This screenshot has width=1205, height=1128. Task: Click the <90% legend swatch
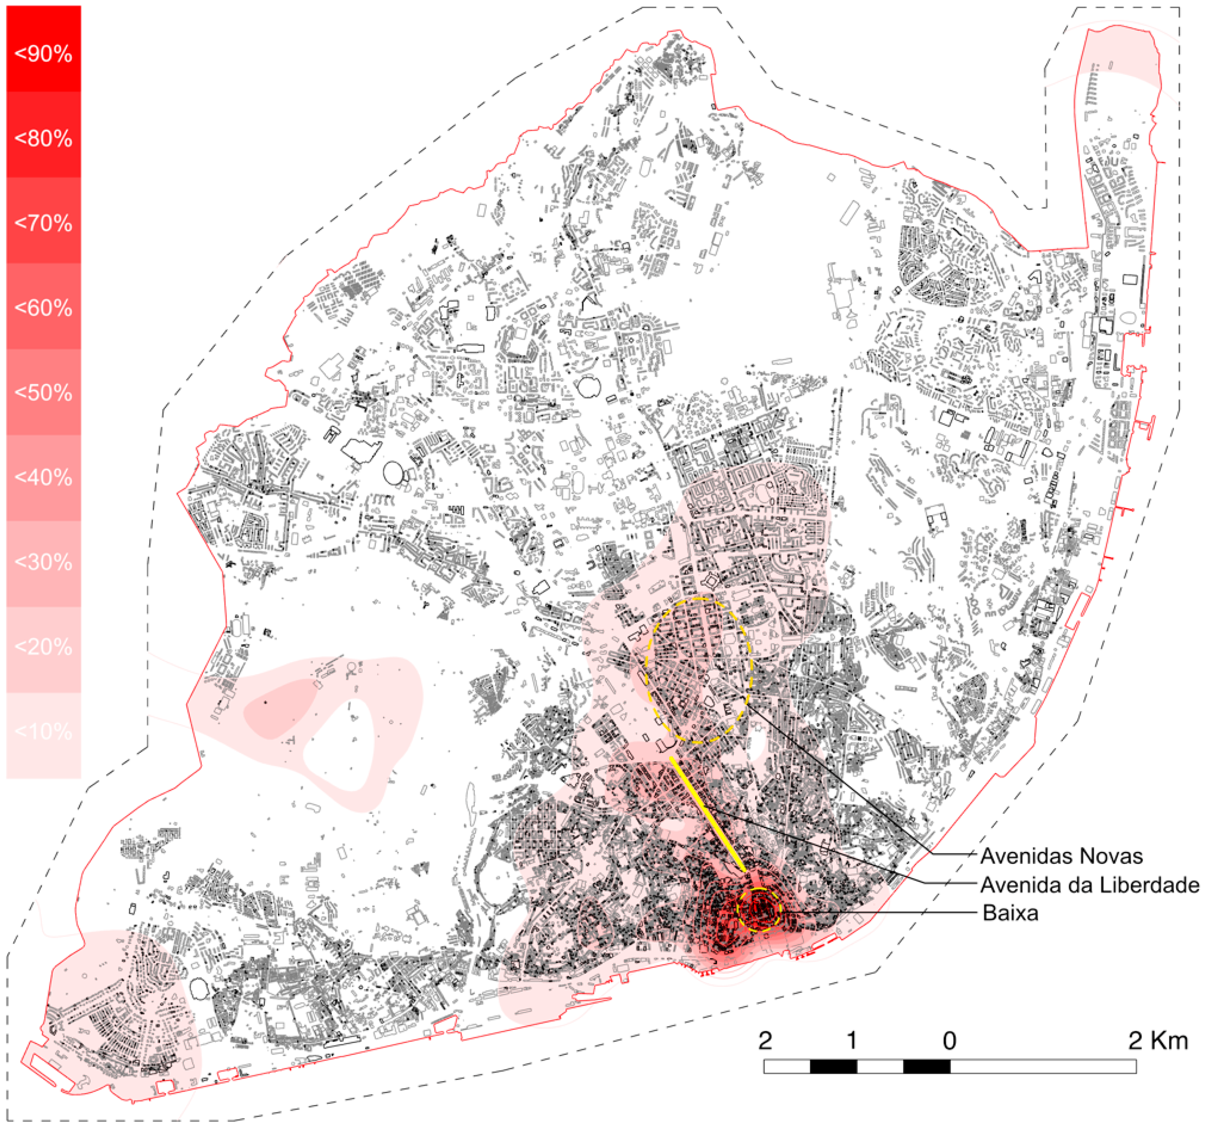click(x=43, y=53)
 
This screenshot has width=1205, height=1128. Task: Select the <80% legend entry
click(x=43, y=138)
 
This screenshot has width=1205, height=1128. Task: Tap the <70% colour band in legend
click(x=43, y=223)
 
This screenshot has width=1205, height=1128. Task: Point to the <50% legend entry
click(x=43, y=393)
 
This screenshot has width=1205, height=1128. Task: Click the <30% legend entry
click(x=43, y=562)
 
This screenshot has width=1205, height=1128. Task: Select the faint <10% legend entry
click(x=43, y=732)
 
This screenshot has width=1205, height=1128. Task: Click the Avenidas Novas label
click(x=1061, y=856)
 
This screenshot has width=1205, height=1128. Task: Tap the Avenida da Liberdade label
click(x=1089, y=885)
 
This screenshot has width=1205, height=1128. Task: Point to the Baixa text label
click(x=1010, y=913)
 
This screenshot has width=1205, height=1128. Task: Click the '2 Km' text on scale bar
click(x=1158, y=1041)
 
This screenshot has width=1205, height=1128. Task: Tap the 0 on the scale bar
click(x=949, y=1041)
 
